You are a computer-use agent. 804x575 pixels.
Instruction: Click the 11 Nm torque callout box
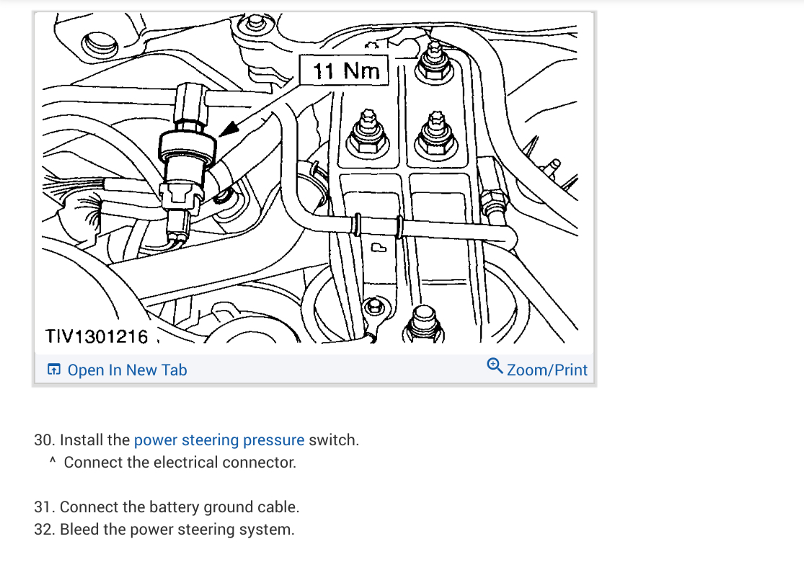pos(345,71)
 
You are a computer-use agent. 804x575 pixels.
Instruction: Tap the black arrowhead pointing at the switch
pos(229,128)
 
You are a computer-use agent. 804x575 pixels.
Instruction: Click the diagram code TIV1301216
pos(97,336)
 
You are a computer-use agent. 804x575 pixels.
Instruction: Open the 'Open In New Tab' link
pos(127,370)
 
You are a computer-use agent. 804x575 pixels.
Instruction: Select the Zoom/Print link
pos(547,370)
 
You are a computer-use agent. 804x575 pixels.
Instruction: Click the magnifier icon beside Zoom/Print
pos(495,366)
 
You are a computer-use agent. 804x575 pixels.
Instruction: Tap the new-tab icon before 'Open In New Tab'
pos(53,370)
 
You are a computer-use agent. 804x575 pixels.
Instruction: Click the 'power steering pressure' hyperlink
pos(219,440)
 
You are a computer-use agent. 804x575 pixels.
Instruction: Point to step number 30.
pos(44,440)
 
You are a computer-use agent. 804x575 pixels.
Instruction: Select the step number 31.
pos(44,507)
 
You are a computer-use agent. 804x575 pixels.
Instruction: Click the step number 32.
pos(44,530)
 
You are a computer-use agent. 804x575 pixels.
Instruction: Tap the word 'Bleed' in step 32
pos(82,530)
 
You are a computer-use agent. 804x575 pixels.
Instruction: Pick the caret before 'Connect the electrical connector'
pos(53,461)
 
